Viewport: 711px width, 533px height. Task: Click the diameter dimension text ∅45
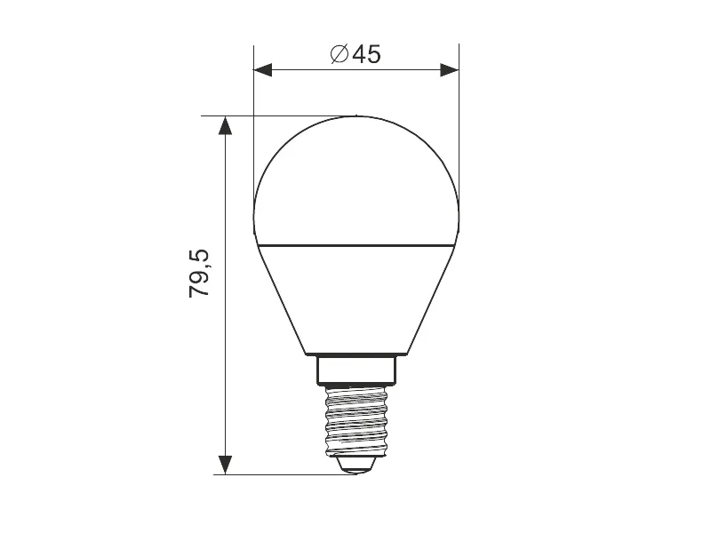(355, 55)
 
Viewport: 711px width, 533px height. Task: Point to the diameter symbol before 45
(339, 55)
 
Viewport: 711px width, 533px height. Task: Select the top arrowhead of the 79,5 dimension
(226, 125)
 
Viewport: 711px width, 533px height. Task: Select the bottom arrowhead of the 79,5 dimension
(226, 465)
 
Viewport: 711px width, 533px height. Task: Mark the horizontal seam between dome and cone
(355, 242)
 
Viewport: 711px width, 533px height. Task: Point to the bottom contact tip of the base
(355, 467)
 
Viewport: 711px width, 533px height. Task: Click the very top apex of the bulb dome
(355, 116)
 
